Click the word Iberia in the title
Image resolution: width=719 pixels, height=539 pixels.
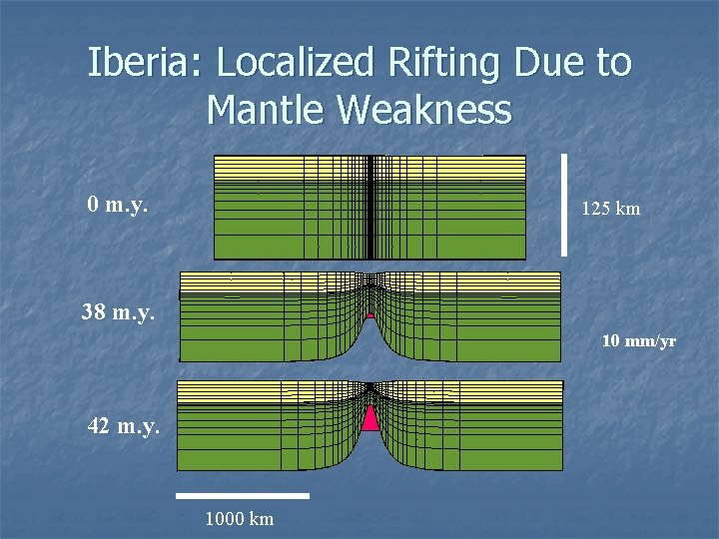(x=146, y=63)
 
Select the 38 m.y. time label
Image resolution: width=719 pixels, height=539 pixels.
(x=118, y=312)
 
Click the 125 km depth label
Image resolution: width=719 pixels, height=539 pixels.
(x=610, y=210)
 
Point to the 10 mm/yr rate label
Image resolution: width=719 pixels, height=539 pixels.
(x=638, y=341)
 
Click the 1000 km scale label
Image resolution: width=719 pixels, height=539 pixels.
(x=239, y=518)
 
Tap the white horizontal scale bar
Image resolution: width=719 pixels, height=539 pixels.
(x=243, y=495)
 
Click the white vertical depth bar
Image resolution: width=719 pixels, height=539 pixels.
(x=565, y=204)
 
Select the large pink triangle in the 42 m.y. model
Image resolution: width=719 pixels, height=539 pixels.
(x=370, y=417)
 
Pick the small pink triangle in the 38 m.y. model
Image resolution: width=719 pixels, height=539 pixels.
(x=370, y=313)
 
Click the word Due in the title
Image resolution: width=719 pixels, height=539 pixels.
(x=553, y=63)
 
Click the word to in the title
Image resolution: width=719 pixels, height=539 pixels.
(x=614, y=63)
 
